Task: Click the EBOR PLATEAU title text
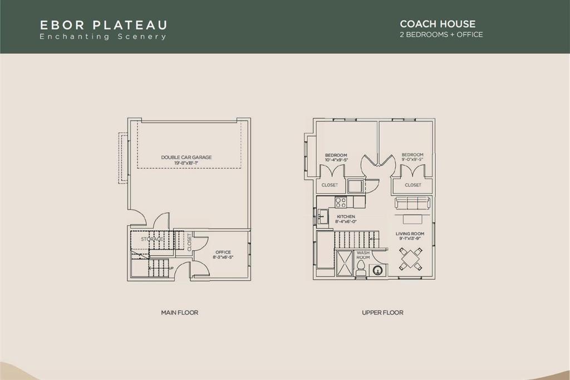[104, 25]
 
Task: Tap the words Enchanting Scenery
[103, 37]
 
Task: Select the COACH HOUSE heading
[438, 24]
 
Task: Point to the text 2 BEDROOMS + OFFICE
[441, 35]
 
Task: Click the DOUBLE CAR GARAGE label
[186, 157]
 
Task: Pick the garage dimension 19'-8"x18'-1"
[186, 163]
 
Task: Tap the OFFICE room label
[223, 252]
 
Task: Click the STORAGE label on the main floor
[152, 239]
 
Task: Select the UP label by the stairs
[171, 268]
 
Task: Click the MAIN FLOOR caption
[179, 313]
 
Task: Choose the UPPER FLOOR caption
[382, 313]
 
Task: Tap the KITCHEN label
[346, 216]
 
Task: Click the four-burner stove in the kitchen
[340, 201]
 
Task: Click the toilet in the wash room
[360, 269]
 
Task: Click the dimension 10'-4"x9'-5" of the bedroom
[336, 160]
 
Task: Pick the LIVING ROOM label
[410, 233]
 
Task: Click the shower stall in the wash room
[345, 261]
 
